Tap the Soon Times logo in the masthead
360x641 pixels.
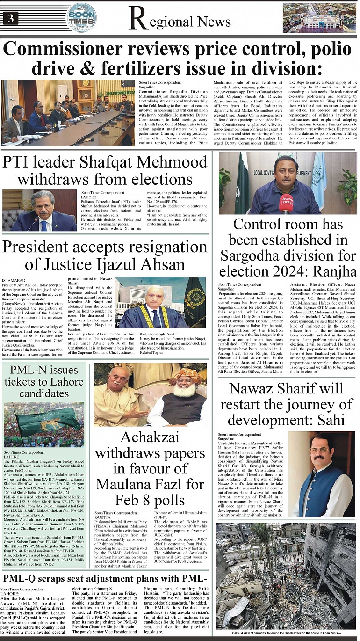point(82,18)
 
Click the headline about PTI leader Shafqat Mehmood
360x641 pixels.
point(105,170)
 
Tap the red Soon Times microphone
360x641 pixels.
point(287,203)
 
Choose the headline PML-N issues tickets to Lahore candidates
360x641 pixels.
point(44,381)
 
